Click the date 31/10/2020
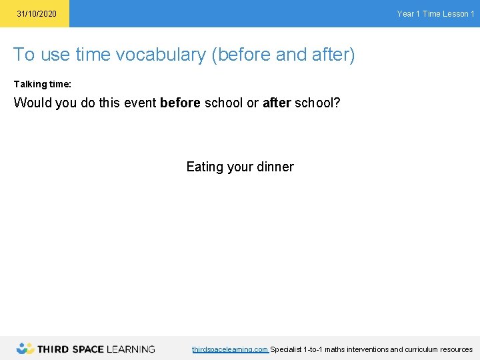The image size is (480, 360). [x=37, y=14]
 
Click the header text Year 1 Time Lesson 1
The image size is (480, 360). [x=435, y=14]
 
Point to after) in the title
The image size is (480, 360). [x=334, y=55]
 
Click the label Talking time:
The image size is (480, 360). [x=43, y=85]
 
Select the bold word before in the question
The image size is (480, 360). [x=181, y=103]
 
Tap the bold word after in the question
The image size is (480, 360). [x=277, y=103]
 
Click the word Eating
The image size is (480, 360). [x=205, y=167]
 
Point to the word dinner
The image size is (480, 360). [x=275, y=167]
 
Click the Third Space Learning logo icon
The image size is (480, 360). [x=25, y=348]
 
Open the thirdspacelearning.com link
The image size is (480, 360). [x=230, y=349]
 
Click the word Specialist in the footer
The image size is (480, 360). [x=286, y=349]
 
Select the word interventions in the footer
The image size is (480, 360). [x=365, y=349]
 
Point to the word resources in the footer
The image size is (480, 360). [x=456, y=349]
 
